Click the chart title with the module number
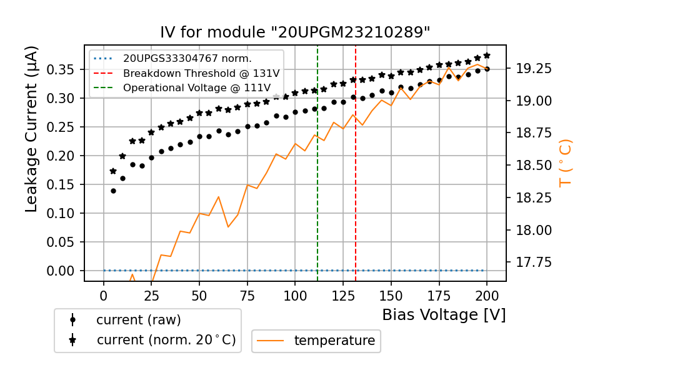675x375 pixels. [x=295, y=32]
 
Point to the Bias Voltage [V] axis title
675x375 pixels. [x=444, y=314]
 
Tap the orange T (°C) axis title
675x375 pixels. [x=565, y=162]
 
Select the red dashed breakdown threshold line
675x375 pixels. [x=356, y=187]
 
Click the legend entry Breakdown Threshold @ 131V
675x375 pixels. [x=201, y=73]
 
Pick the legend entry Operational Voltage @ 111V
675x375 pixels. [x=201, y=88]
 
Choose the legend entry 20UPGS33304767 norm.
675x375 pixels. [x=187, y=59]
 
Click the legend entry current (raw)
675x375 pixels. [x=138, y=319]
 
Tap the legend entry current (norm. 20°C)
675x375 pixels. [x=166, y=340]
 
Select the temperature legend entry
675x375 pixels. [x=334, y=341]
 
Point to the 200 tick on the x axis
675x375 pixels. [x=487, y=295]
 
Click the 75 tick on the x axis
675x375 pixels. [x=247, y=295]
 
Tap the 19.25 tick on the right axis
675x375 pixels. [x=532, y=69]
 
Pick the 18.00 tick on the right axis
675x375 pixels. [x=532, y=230]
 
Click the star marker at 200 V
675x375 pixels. [x=487, y=56]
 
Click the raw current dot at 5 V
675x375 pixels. [x=113, y=191]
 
